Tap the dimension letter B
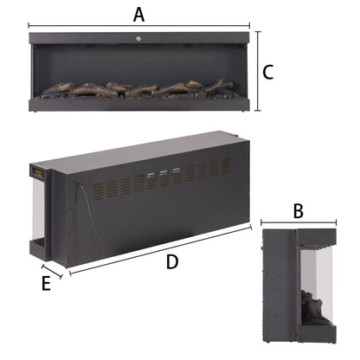tap(297, 210)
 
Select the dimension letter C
tap(268, 72)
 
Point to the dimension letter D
tap(173, 260)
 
